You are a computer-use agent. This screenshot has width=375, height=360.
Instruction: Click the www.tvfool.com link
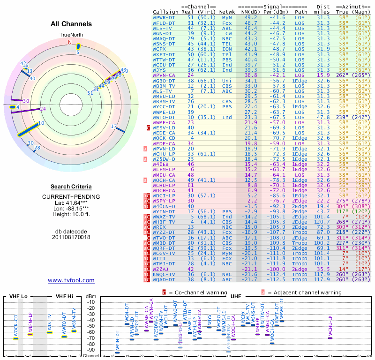coord(71,280)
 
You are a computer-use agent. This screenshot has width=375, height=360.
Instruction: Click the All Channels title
coord(71,24)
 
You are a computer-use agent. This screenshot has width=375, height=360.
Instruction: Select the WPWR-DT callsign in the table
coord(164,17)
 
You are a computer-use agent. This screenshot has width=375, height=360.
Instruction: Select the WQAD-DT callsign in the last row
coord(164,279)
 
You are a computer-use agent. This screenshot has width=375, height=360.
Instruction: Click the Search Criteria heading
coord(71,187)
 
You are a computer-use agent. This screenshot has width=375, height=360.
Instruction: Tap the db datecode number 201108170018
coord(71,237)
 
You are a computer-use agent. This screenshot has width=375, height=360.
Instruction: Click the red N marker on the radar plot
coord(70,42)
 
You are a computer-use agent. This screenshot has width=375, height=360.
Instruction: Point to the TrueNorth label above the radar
coord(71,35)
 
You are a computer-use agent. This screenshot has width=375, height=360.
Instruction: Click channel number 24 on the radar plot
coord(43,109)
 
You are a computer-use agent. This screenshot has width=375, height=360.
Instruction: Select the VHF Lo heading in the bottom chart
coord(18,297)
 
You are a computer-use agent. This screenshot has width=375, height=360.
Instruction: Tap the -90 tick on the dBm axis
coord(91,350)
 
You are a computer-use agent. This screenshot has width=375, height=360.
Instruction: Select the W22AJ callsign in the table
coord(162,269)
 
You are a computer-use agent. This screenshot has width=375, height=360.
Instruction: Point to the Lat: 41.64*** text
coord(71,202)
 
